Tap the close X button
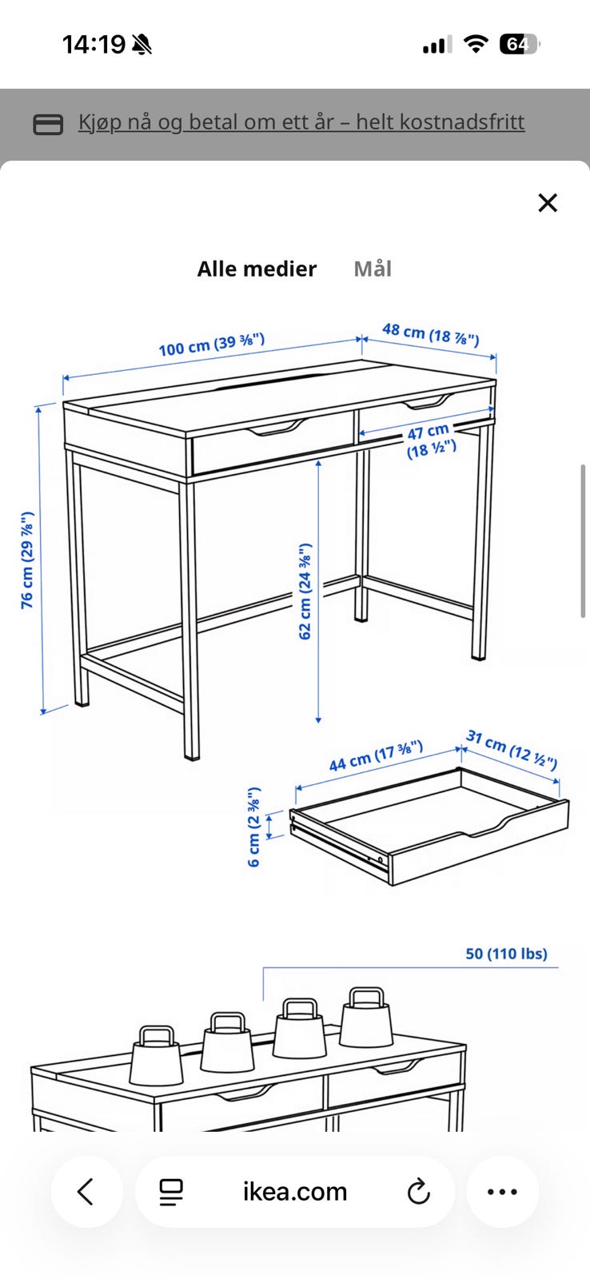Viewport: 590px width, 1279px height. pyautogui.click(x=548, y=203)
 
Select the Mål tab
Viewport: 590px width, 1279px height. pyautogui.click(x=373, y=269)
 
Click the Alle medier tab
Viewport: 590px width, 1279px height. pyautogui.click(x=257, y=269)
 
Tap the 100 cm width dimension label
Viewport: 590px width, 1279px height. pyautogui.click(x=212, y=344)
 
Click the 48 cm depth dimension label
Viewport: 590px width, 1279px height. pyautogui.click(x=431, y=334)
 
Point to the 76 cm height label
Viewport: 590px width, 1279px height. pyautogui.click(x=27, y=560)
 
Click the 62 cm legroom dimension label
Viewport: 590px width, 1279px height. pyautogui.click(x=305, y=592)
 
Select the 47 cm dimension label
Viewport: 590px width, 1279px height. pyautogui.click(x=431, y=440)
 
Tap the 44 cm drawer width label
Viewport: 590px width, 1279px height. pyautogui.click(x=376, y=755)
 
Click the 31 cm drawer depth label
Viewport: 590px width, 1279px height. pyautogui.click(x=512, y=750)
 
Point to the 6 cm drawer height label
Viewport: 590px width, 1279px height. pyautogui.click(x=254, y=827)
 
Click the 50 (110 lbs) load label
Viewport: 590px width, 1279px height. pyautogui.click(x=506, y=954)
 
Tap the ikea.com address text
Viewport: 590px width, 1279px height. pyautogui.click(x=295, y=1192)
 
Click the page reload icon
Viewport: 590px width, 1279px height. pyautogui.click(x=419, y=1192)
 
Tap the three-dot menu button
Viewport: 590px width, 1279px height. pyautogui.click(x=503, y=1192)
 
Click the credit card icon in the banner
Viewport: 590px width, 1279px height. pyautogui.click(x=48, y=124)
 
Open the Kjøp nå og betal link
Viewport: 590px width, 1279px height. pyautogui.click(x=301, y=122)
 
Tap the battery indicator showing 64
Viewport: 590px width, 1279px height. pyautogui.click(x=519, y=44)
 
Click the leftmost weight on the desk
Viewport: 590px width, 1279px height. pyautogui.click(x=157, y=1056)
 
